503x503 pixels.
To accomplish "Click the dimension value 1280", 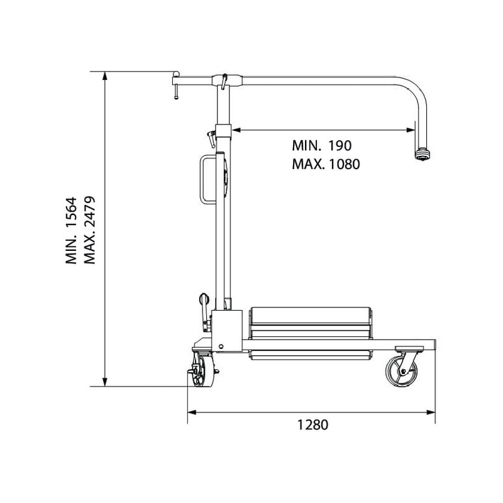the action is pyautogui.click(x=312, y=425).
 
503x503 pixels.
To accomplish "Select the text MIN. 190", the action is pyautogui.click(x=322, y=146).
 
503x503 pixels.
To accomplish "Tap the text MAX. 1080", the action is pyautogui.click(x=326, y=164).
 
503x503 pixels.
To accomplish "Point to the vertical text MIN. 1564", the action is pyautogui.click(x=71, y=230).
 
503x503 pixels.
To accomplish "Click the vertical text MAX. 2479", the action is pyautogui.click(x=89, y=230).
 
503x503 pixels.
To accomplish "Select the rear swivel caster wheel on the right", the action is pyautogui.click(x=402, y=372).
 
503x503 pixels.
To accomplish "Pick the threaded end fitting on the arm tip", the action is pyautogui.click(x=422, y=154).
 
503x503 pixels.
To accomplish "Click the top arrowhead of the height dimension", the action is pyautogui.click(x=104, y=75).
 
